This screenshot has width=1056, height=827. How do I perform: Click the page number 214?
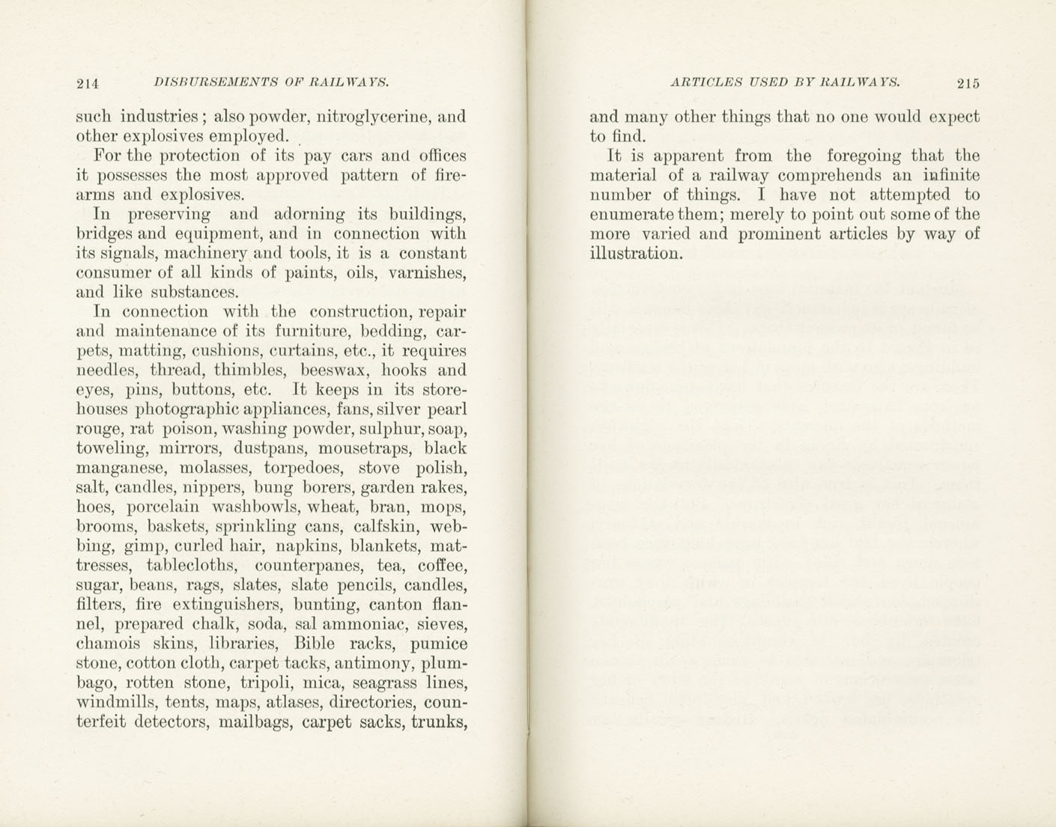[x=88, y=83]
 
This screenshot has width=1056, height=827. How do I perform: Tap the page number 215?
[x=968, y=83]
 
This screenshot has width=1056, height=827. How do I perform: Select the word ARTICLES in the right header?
[x=705, y=82]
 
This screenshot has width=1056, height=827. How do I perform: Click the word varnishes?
[x=427, y=272]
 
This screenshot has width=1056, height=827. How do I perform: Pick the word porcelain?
[x=154, y=507]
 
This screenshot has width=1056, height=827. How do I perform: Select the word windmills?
[x=115, y=702]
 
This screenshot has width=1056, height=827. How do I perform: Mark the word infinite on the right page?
[x=951, y=175]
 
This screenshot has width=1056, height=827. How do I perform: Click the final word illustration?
[x=636, y=253]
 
